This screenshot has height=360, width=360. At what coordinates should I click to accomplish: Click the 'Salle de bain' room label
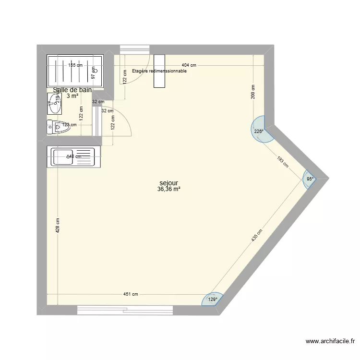pyautogui.click(x=72, y=90)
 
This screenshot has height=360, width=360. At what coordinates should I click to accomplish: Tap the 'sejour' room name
pyautogui.click(x=169, y=183)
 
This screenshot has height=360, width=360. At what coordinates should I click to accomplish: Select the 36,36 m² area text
pyautogui.click(x=169, y=189)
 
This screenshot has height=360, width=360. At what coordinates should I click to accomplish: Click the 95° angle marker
pyautogui.click(x=310, y=179)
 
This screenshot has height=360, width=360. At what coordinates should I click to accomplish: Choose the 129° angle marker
pyautogui.click(x=212, y=300)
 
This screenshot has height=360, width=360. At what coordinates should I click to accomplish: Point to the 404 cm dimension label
pyautogui.click(x=189, y=65)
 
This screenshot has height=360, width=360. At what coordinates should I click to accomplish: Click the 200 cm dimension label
pyautogui.click(x=253, y=92)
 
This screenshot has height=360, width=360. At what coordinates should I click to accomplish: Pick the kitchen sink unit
pyautogui.click(x=74, y=156)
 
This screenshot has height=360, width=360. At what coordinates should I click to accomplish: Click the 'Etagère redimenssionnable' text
pyautogui.click(x=159, y=71)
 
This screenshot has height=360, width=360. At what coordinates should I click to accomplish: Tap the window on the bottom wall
pyautogui.click(x=125, y=310)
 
